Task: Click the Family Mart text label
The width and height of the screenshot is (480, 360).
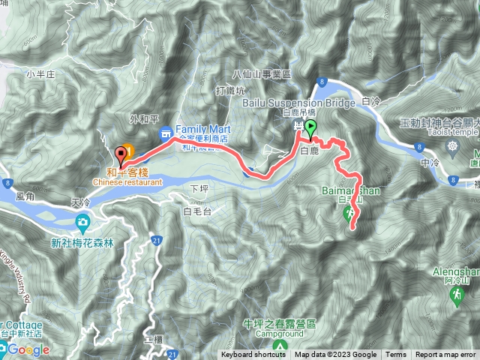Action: click(202, 128)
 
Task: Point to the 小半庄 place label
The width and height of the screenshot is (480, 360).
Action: click(35, 73)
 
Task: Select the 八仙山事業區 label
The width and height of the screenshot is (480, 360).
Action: click(260, 73)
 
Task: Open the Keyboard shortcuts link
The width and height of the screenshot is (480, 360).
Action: click(253, 355)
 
